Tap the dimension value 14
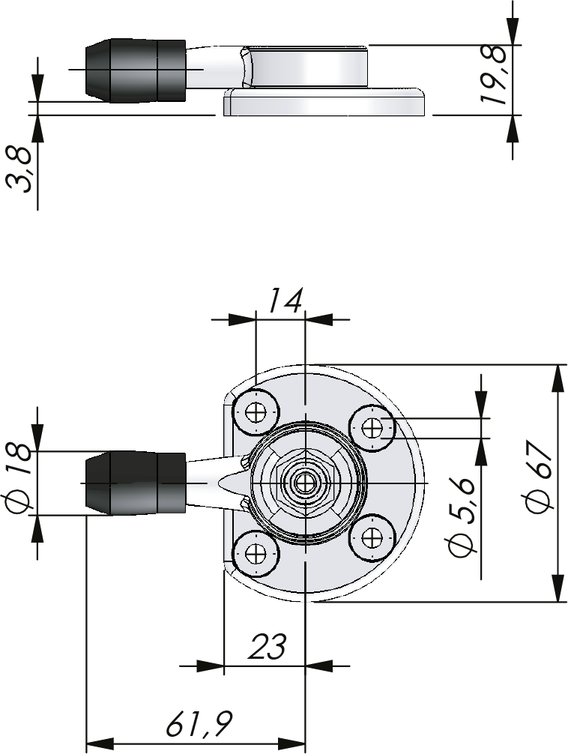click(285, 301)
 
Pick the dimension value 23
click(268, 646)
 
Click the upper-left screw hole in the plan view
click(257, 411)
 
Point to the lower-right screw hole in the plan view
click(372, 537)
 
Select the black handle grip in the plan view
click(136, 483)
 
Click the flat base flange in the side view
click(324, 103)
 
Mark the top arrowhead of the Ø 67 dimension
click(558, 378)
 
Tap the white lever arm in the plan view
click(207, 480)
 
